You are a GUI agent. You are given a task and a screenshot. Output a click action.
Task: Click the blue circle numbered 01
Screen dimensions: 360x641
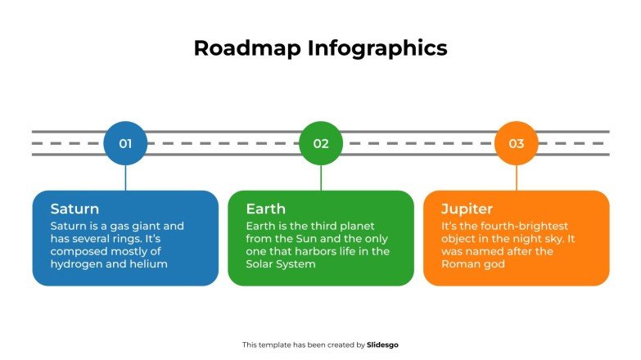[x=125, y=143]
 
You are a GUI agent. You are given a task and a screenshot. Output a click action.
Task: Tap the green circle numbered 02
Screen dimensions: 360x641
[x=321, y=143]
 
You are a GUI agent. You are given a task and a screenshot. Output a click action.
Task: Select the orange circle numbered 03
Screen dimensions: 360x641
[x=517, y=143]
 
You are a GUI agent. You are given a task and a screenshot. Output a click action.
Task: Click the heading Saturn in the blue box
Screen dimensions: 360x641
[x=74, y=209]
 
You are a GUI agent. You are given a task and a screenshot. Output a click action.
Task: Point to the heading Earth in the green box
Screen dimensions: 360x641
[x=265, y=209]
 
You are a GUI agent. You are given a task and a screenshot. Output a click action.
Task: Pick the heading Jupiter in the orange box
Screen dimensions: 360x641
[x=467, y=209]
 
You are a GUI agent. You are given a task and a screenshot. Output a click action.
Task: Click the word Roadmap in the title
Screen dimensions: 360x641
[x=247, y=48]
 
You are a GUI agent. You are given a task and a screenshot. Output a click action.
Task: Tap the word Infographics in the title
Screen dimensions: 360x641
[x=377, y=48]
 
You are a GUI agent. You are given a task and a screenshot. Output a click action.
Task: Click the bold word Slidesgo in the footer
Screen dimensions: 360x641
[x=383, y=345]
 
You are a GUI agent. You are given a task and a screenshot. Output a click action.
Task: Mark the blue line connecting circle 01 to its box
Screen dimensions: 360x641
[x=125, y=177]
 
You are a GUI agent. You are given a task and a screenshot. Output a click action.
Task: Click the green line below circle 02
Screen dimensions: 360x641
[x=321, y=177]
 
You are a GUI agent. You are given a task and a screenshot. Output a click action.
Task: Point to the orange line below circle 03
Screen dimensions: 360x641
[x=517, y=177]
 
